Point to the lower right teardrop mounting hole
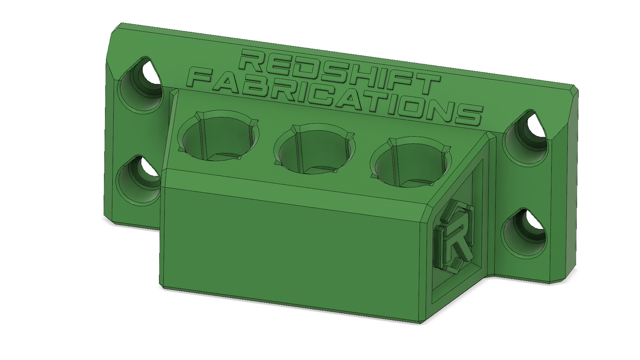525,232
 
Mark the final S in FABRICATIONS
468,113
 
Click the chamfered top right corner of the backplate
574,91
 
